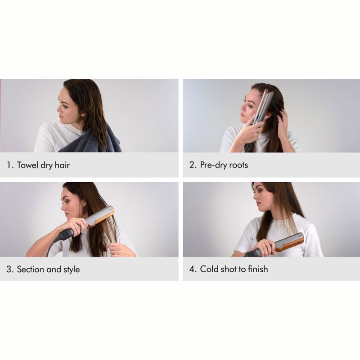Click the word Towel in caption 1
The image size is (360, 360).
coord(28,165)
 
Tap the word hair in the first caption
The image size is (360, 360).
coord(62,165)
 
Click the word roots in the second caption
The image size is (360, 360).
coord(238,165)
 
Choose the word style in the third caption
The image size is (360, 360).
coord(71,269)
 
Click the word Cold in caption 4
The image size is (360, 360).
coord(210,269)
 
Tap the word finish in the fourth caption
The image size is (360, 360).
coord(257,269)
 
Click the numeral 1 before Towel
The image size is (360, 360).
coord(9,165)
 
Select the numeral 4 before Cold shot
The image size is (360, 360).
coord(192,269)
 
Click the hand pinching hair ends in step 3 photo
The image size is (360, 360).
coord(119,248)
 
